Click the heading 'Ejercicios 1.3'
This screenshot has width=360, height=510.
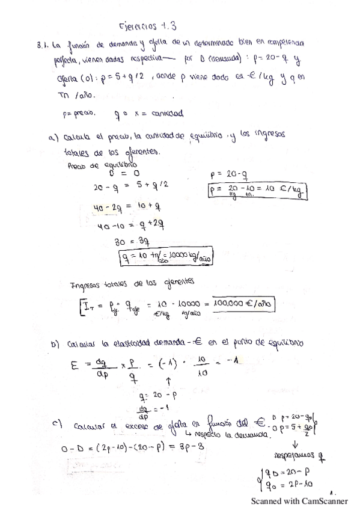[148, 26]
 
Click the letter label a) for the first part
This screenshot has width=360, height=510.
[54, 136]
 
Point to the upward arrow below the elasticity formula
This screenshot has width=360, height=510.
[169, 380]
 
